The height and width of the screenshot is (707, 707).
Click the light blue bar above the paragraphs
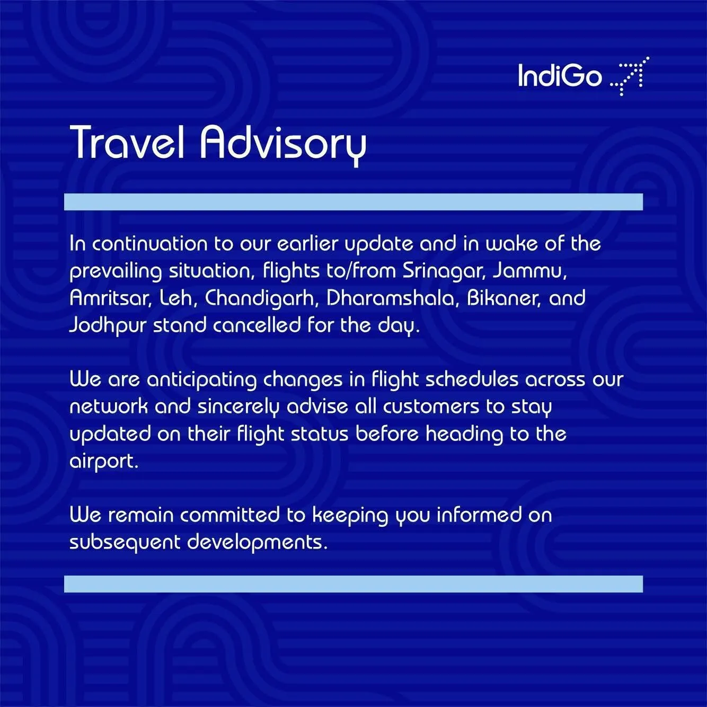click(x=353, y=202)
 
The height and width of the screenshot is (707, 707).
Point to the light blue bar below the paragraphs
click(x=353, y=584)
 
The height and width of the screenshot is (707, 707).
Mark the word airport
click(x=104, y=462)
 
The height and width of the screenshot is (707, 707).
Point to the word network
click(x=109, y=406)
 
